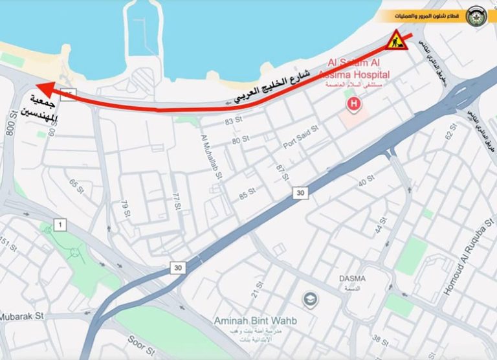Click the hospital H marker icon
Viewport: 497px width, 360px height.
point(353,103)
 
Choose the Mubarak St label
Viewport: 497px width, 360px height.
point(21,317)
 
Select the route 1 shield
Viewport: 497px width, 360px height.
point(60,225)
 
